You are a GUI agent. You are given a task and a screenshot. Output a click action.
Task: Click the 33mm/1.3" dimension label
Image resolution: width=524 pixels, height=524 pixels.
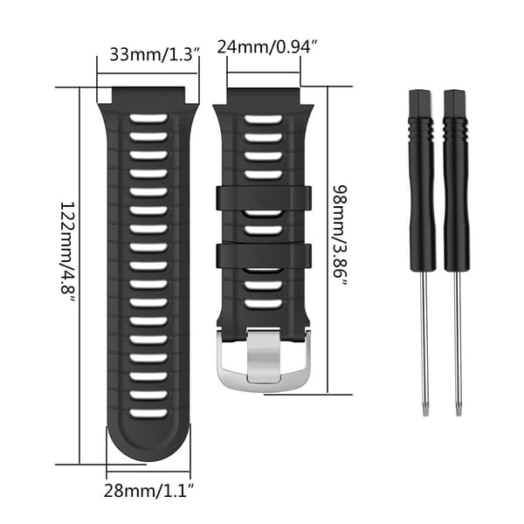(x=155, y=54)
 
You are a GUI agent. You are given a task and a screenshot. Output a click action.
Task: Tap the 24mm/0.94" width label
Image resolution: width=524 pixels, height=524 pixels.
(x=266, y=47)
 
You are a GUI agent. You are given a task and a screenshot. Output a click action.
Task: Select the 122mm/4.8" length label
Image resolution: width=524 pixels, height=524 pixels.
(x=68, y=252)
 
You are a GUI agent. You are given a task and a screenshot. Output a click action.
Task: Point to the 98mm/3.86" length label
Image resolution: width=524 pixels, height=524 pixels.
(x=340, y=236)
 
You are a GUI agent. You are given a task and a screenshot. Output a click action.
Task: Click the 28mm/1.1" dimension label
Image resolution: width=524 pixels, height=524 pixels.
(x=148, y=491)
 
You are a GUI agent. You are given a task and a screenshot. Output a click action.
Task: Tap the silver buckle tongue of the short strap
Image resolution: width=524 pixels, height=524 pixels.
(x=264, y=355)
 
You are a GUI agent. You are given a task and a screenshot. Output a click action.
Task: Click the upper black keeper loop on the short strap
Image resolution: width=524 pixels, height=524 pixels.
(x=264, y=198)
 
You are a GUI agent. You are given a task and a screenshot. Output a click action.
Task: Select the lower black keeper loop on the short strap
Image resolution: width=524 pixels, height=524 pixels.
(x=264, y=256)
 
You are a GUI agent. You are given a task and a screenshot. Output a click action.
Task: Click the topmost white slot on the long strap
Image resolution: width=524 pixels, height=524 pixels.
(x=148, y=118)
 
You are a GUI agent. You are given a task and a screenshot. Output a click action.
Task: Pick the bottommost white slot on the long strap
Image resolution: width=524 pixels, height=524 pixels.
(x=148, y=413)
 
